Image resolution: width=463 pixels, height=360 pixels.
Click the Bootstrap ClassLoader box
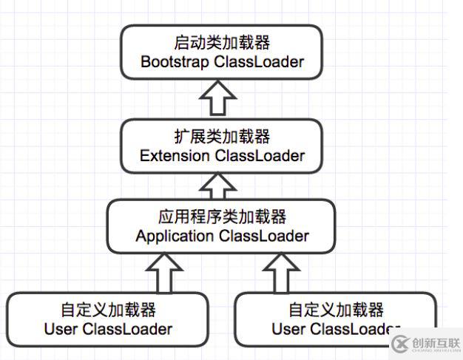pos(222,51)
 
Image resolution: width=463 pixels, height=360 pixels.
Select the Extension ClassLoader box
pos(222,146)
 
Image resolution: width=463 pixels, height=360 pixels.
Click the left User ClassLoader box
pos(108,319)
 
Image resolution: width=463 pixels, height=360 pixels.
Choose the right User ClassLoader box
pos(336,319)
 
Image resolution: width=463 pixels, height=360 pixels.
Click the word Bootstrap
pos(175,61)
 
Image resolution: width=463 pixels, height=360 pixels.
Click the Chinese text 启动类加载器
pos(222,42)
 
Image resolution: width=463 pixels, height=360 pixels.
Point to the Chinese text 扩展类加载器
pos(222,137)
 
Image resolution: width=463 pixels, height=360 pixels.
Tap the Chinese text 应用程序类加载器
pos(222,217)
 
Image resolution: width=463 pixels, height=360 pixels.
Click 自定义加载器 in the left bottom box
pos(108,309)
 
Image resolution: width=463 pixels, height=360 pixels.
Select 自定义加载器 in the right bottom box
pos(336,309)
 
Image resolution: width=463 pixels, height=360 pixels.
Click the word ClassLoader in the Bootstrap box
pos(259,61)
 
